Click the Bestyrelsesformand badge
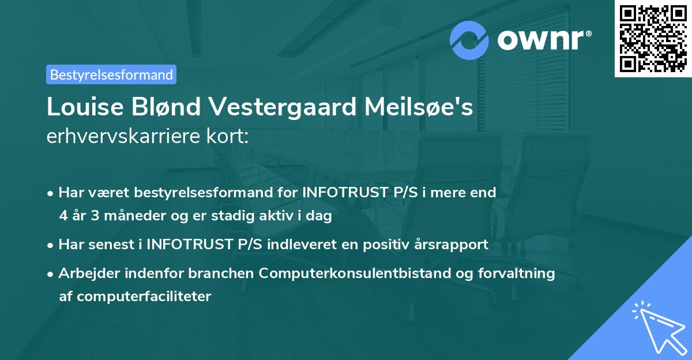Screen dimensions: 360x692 click(111, 74)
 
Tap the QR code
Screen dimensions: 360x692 click(653, 39)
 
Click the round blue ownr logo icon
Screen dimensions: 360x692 click(470, 40)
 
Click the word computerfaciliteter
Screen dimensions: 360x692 click(135, 297)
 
